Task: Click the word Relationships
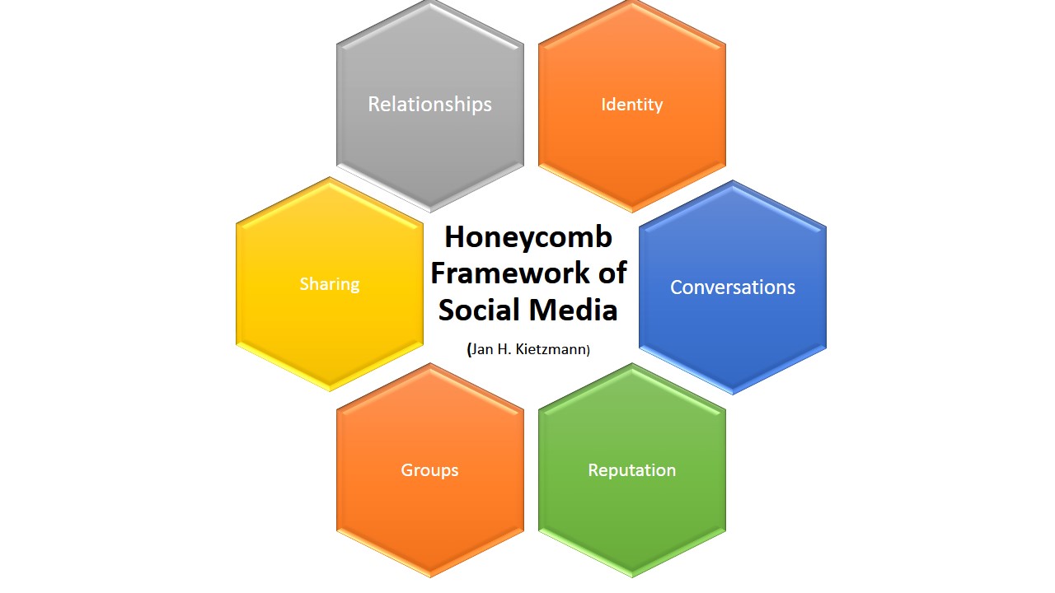pyautogui.click(x=429, y=105)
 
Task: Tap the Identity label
pyautogui.click(x=631, y=105)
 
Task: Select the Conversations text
pyautogui.click(x=733, y=287)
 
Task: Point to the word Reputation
pyautogui.click(x=631, y=470)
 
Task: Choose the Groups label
pyautogui.click(x=429, y=470)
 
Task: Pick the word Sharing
pyautogui.click(x=330, y=284)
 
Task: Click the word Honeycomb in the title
pyautogui.click(x=528, y=237)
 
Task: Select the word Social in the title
pyautogui.click(x=479, y=310)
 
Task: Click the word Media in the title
pyautogui.click(x=573, y=310)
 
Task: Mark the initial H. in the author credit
pyautogui.click(x=504, y=349)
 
